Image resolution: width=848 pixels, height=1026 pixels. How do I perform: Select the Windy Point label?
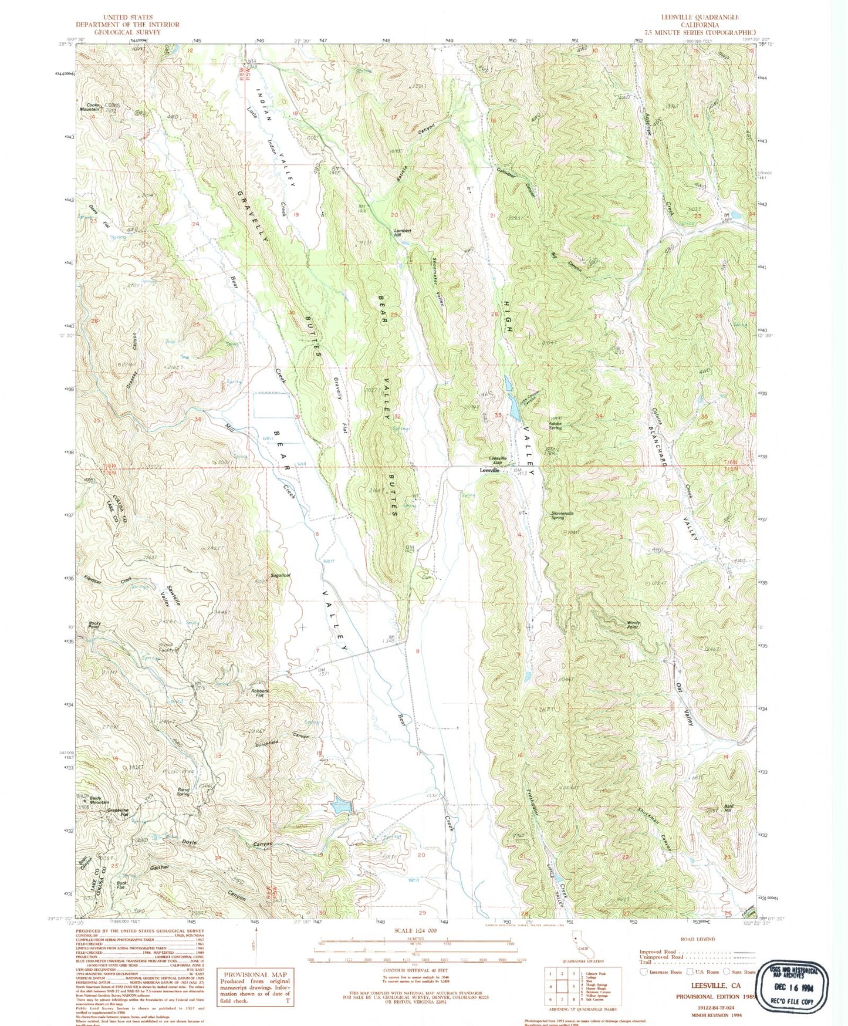point(632,625)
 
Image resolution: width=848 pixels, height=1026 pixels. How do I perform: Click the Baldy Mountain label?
point(99,800)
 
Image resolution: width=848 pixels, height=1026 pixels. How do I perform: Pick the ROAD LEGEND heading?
point(698,939)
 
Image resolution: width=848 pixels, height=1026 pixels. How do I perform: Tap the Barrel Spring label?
point(183,792)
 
